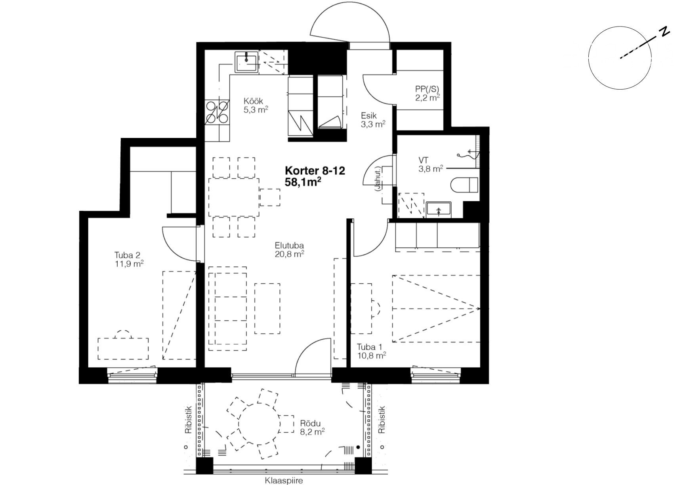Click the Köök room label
click(253, 101)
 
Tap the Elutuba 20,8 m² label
click(289, 250)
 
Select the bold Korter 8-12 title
click(315, 171)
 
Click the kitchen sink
click(246, 62)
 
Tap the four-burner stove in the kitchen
click(218, 113)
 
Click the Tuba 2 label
click(127, 255)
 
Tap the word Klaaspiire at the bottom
click(284, 481)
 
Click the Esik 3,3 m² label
click(373, 120)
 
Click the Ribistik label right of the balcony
click(382, 420)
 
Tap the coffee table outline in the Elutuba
click(267, 308)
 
